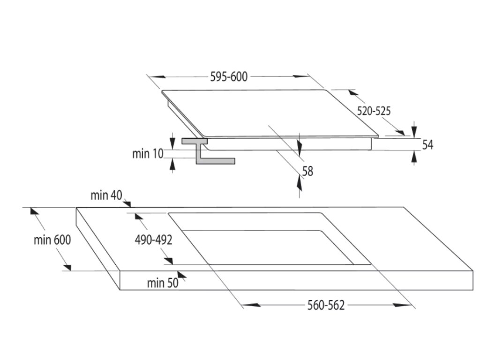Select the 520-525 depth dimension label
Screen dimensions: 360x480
[x=374, y=111]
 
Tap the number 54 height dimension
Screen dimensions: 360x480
[x=427, y=144]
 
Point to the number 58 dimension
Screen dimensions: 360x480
[x=307, y=171]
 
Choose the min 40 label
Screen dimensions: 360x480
[x=106, y=195]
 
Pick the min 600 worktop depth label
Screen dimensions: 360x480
[x=52, y=240]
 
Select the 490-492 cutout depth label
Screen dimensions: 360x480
[x=153, y=240]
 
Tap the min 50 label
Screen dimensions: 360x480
[x=162, y=283]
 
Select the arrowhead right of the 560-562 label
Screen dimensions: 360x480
[x=403, y=306]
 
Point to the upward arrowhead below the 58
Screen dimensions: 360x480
[x=300, y=183]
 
